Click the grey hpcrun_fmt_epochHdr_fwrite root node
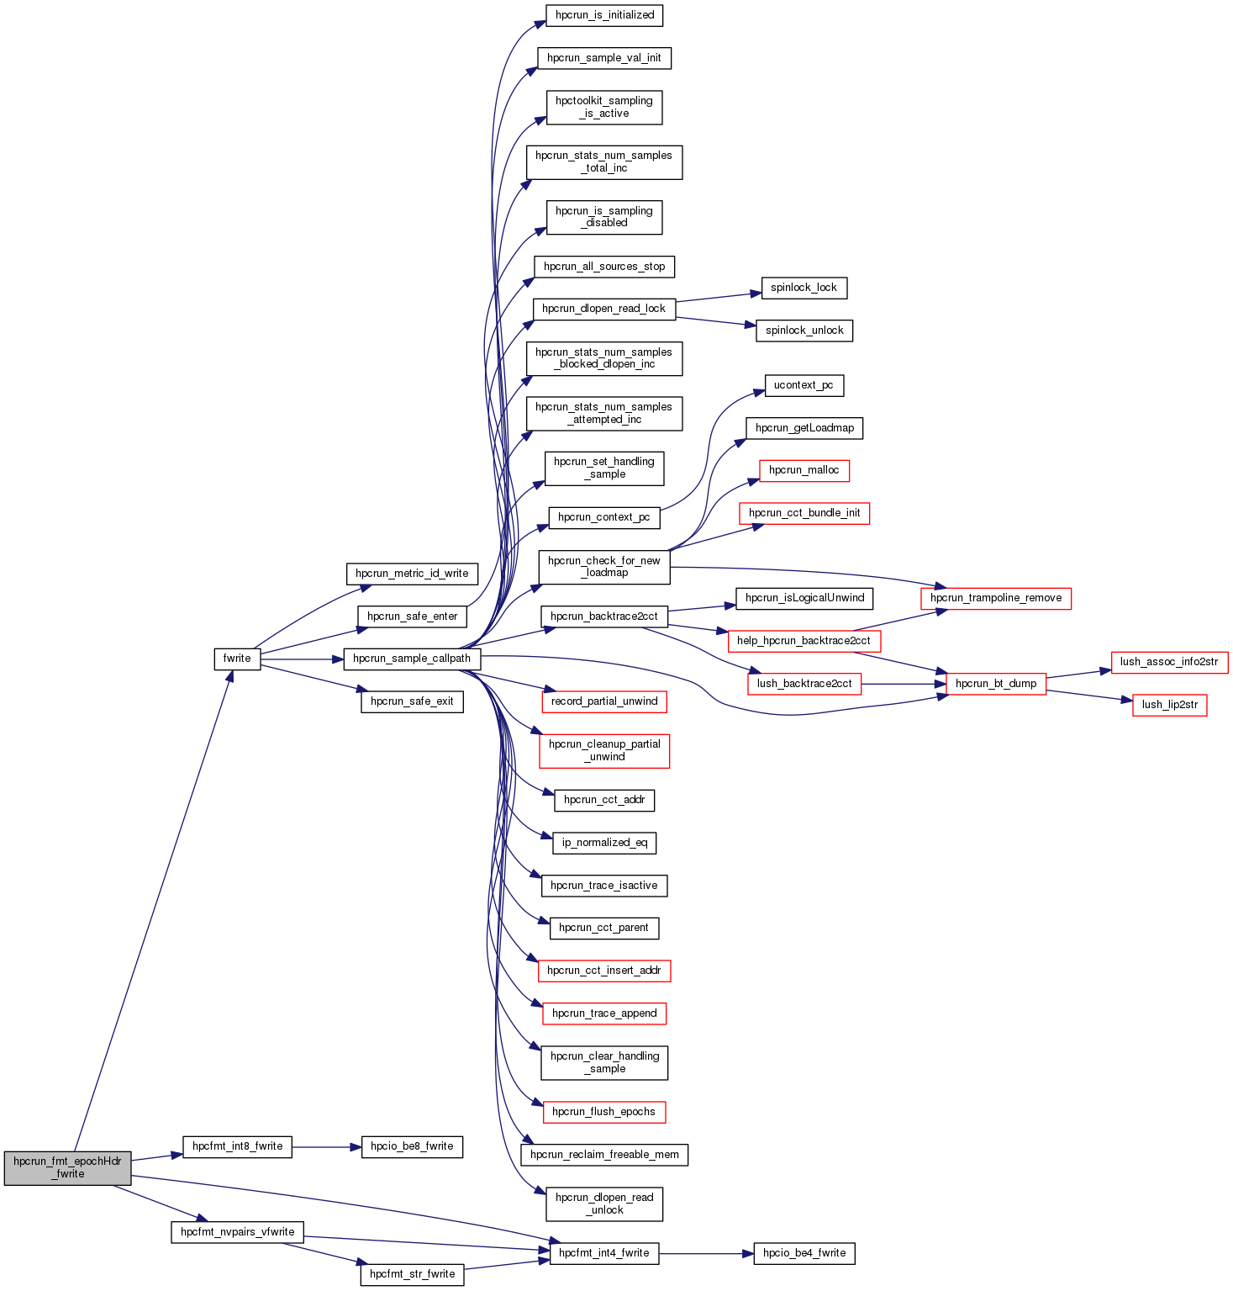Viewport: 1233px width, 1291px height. pos(67,1167)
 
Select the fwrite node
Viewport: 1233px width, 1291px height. pos(237,659)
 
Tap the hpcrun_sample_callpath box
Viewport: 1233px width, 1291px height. pos(412,659)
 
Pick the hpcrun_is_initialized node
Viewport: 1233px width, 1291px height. pos(604,15)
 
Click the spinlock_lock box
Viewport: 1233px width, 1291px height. pos(804,288)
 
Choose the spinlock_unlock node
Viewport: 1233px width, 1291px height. pos(804,331)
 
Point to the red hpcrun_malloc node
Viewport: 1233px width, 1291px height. pos(804,470)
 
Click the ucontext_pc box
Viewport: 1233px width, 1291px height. pos(804,385)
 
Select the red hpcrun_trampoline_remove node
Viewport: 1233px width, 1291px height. pos(996,598)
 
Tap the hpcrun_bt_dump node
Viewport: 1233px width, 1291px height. pos(996,684)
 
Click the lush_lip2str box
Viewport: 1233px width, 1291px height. pos(1169,705)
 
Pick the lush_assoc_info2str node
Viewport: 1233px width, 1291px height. pos(1169,662)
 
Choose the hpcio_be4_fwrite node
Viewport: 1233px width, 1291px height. pos(804,1253)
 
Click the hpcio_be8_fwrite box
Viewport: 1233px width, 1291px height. pos(412,1146)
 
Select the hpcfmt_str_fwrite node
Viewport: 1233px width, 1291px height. pos(412,1274)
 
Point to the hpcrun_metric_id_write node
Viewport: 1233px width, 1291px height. pos(412,574)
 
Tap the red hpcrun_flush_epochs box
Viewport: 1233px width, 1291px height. pos(603,1112)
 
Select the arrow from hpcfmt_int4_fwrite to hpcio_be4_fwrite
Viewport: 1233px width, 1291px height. pos(706,1253)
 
